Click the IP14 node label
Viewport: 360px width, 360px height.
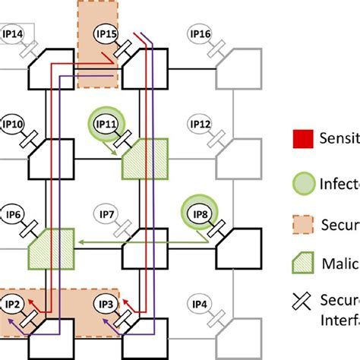pyautogui.click(x=13, y=33)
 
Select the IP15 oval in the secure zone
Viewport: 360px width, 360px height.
pyautogui.click(x=106, y=33)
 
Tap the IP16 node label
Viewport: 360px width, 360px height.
pyautogui.click(x=200, y=33)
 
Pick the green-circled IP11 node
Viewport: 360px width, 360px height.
pyautogui.click(x=105, y=122)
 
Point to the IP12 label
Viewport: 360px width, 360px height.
pyautogui.click(x=200, y=123)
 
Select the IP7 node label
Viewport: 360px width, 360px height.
pyautogui.click(x=106, y=214)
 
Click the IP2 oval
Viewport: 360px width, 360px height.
pyautogui.click(x=13, y=304)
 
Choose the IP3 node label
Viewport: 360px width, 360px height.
pyautogui.click(x=106, y=304)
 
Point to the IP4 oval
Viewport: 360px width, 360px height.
pyautogui.click(x=200, y=304)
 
